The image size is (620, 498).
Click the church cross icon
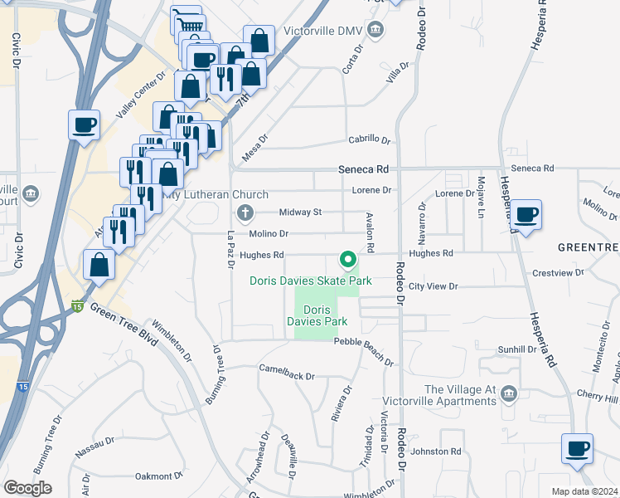(x=245, y=213)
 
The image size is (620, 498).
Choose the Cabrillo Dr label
(x=369, y=139)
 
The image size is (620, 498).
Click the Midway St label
(x=300, y=212)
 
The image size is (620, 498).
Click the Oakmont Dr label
(x=158, y=476)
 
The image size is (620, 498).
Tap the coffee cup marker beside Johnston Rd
(x=577, y=451)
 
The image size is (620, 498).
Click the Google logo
(x=28, y=488)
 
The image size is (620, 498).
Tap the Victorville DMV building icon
(x=376, y=31)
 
